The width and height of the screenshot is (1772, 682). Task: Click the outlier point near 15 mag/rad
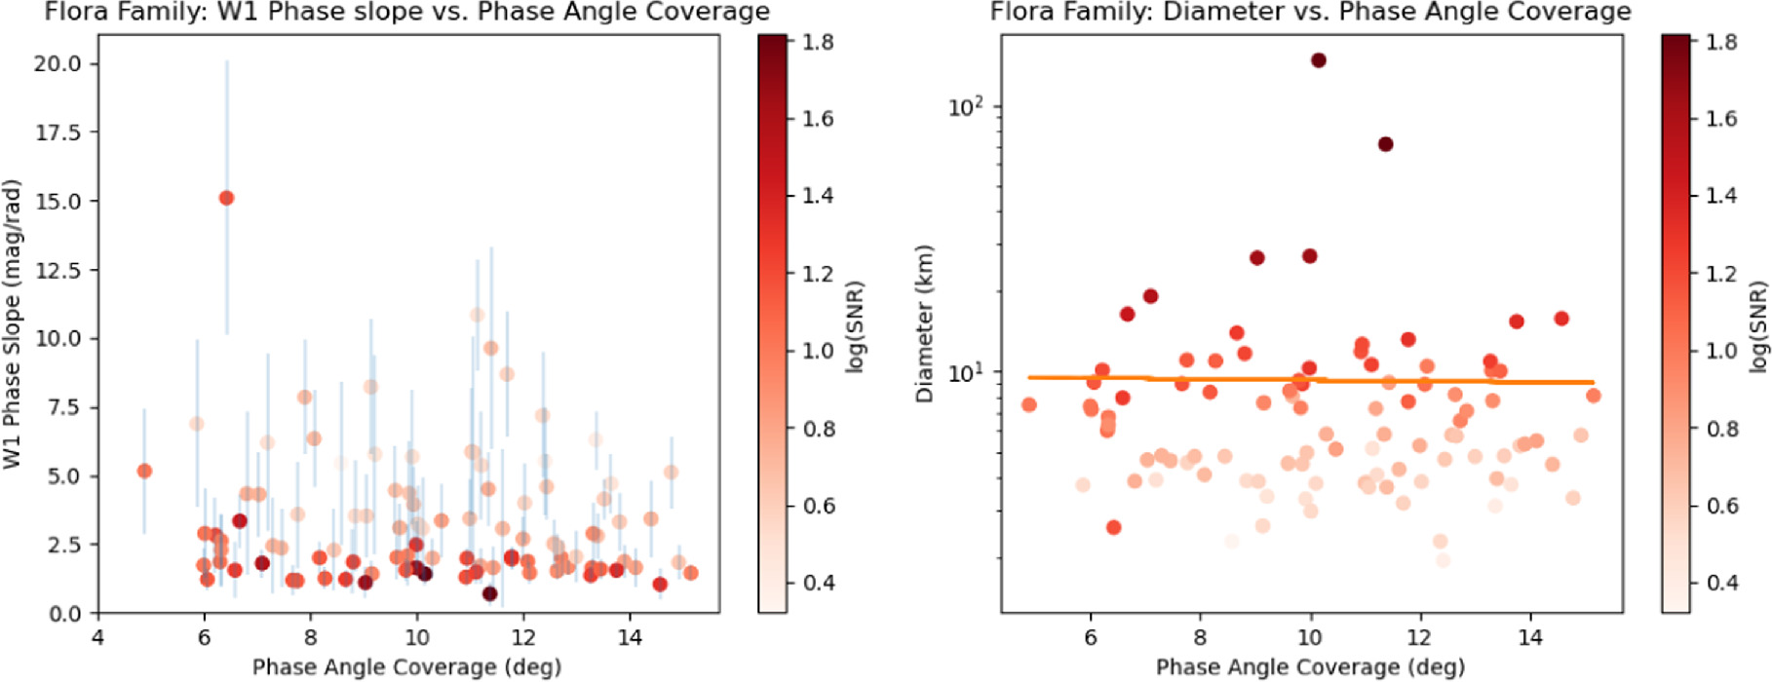click(x=226, y=198)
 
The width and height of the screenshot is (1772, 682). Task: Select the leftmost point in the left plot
click(x=144, y=471)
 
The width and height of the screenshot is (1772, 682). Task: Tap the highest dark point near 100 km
click(x=1318, y=60)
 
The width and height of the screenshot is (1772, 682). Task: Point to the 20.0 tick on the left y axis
click(x=63, y=63)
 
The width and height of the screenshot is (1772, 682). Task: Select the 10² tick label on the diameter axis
click(x=966, y=105)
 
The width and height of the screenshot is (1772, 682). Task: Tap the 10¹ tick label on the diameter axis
click(x=966, y=371)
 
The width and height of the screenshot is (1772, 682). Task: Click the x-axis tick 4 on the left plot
click(x=97, y=637)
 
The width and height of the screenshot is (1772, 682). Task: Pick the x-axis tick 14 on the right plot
click(x=1530, y=637)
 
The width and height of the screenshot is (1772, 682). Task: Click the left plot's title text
click(x=406, y=13)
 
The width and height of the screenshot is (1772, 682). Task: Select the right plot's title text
click(x=1310, y=13)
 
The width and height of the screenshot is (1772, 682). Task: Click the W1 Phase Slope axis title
click(x=13, y=323)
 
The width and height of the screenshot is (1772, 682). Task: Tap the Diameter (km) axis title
click(x=925, y=323)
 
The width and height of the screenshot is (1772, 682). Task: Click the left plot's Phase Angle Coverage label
click(x=406, y=667)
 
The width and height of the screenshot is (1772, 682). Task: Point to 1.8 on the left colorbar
click(x=817, y=42)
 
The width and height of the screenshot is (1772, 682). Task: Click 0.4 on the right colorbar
click(x=1721, y=583)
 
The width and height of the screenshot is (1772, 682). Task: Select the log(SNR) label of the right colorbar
click(x=1758, y=326)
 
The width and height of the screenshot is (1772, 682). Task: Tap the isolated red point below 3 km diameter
click(x=1113, y=527)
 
